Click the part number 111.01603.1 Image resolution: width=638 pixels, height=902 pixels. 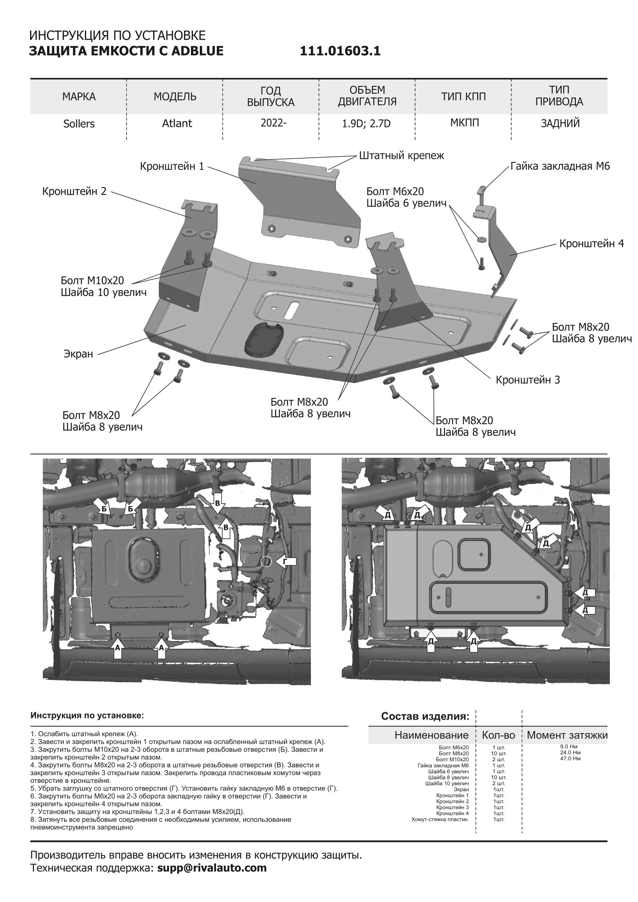pyautogui.click(x=340, y=51)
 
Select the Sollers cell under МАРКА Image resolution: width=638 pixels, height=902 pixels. pyautogui.click(x=79, y=124)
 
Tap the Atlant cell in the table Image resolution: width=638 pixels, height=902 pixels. pyautogui.click(x=177, y=123)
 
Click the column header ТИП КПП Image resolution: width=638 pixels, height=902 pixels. pyautogui.click(x=463, y=97)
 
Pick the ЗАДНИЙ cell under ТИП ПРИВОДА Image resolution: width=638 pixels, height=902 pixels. pyautogui.click(x=560, y=123)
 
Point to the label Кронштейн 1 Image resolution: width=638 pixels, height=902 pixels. pyautogui.click(x=172, y=167)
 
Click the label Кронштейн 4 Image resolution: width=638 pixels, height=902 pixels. pyautogui.click(x=591, y=244)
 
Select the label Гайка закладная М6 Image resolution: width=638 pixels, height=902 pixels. pyautogui.click(x=560, y=166)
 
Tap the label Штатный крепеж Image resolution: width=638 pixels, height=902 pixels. pyautogui.click(x=402, y=155)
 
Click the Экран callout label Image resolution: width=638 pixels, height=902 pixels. pyautogui.click(x=78, y=354)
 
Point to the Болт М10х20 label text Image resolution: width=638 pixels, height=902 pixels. pyautogui.click(x=92, y=280)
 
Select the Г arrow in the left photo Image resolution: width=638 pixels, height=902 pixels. pyautogui.click(x=285, y=562)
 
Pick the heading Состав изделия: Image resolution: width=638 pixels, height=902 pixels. pyautogui.click(x=425, y=716)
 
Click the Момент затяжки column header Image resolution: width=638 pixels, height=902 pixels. pyautogui.click(x=567, y=735)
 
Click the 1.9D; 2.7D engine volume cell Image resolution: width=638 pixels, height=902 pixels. pyautogui.click(x=366, y=124)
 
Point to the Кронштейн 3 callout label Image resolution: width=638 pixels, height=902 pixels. pyautogui.click(x=528, y=380)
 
